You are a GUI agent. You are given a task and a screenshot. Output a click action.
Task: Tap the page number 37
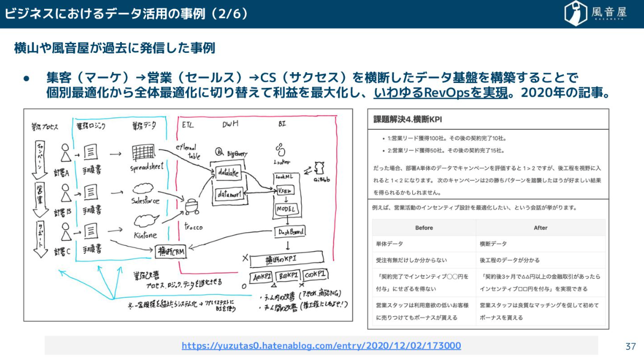[631, 346]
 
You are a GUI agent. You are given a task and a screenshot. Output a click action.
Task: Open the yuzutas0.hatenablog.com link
[321, 345]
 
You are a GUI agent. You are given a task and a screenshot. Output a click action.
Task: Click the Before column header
[424, 227]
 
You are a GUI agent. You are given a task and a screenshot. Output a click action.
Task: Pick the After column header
[540, 227]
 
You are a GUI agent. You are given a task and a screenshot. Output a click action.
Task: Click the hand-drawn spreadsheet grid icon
[143, 153]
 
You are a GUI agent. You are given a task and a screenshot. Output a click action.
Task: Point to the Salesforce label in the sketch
[145, 201]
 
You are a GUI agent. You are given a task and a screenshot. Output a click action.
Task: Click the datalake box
[227, 173]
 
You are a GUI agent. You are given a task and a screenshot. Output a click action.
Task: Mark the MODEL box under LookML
[287, 209]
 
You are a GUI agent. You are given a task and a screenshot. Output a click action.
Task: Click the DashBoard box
[290, 232]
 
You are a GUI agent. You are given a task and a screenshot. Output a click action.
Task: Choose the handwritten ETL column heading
[187, 124]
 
